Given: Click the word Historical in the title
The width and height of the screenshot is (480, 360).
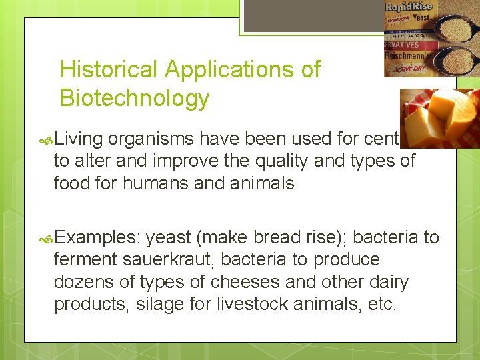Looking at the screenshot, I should [x=109, y=69].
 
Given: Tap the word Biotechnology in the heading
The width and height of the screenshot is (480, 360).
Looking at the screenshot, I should [x=134, y=98].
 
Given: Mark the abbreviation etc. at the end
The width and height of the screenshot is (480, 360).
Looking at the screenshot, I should [x=383, y=304].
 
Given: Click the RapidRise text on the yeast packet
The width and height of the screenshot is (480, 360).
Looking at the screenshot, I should [x=408, y=7].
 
